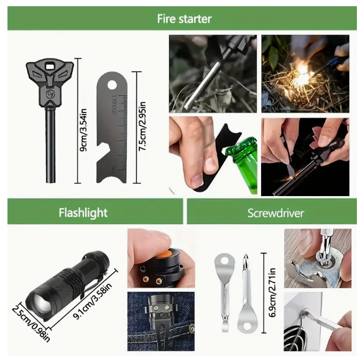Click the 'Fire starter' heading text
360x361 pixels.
184,19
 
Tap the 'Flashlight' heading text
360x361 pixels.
83,212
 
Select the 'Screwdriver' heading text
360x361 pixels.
275,213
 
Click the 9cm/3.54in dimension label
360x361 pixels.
83,129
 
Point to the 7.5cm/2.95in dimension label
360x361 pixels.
142,126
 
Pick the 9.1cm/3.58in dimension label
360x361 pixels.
93,301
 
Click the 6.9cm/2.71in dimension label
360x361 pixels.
272,293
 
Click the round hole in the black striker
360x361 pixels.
112,85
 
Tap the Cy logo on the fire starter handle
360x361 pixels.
50,94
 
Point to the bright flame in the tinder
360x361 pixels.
304,73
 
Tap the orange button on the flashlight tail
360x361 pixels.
164,254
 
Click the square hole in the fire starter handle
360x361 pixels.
50,67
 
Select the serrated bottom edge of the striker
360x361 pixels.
112,179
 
